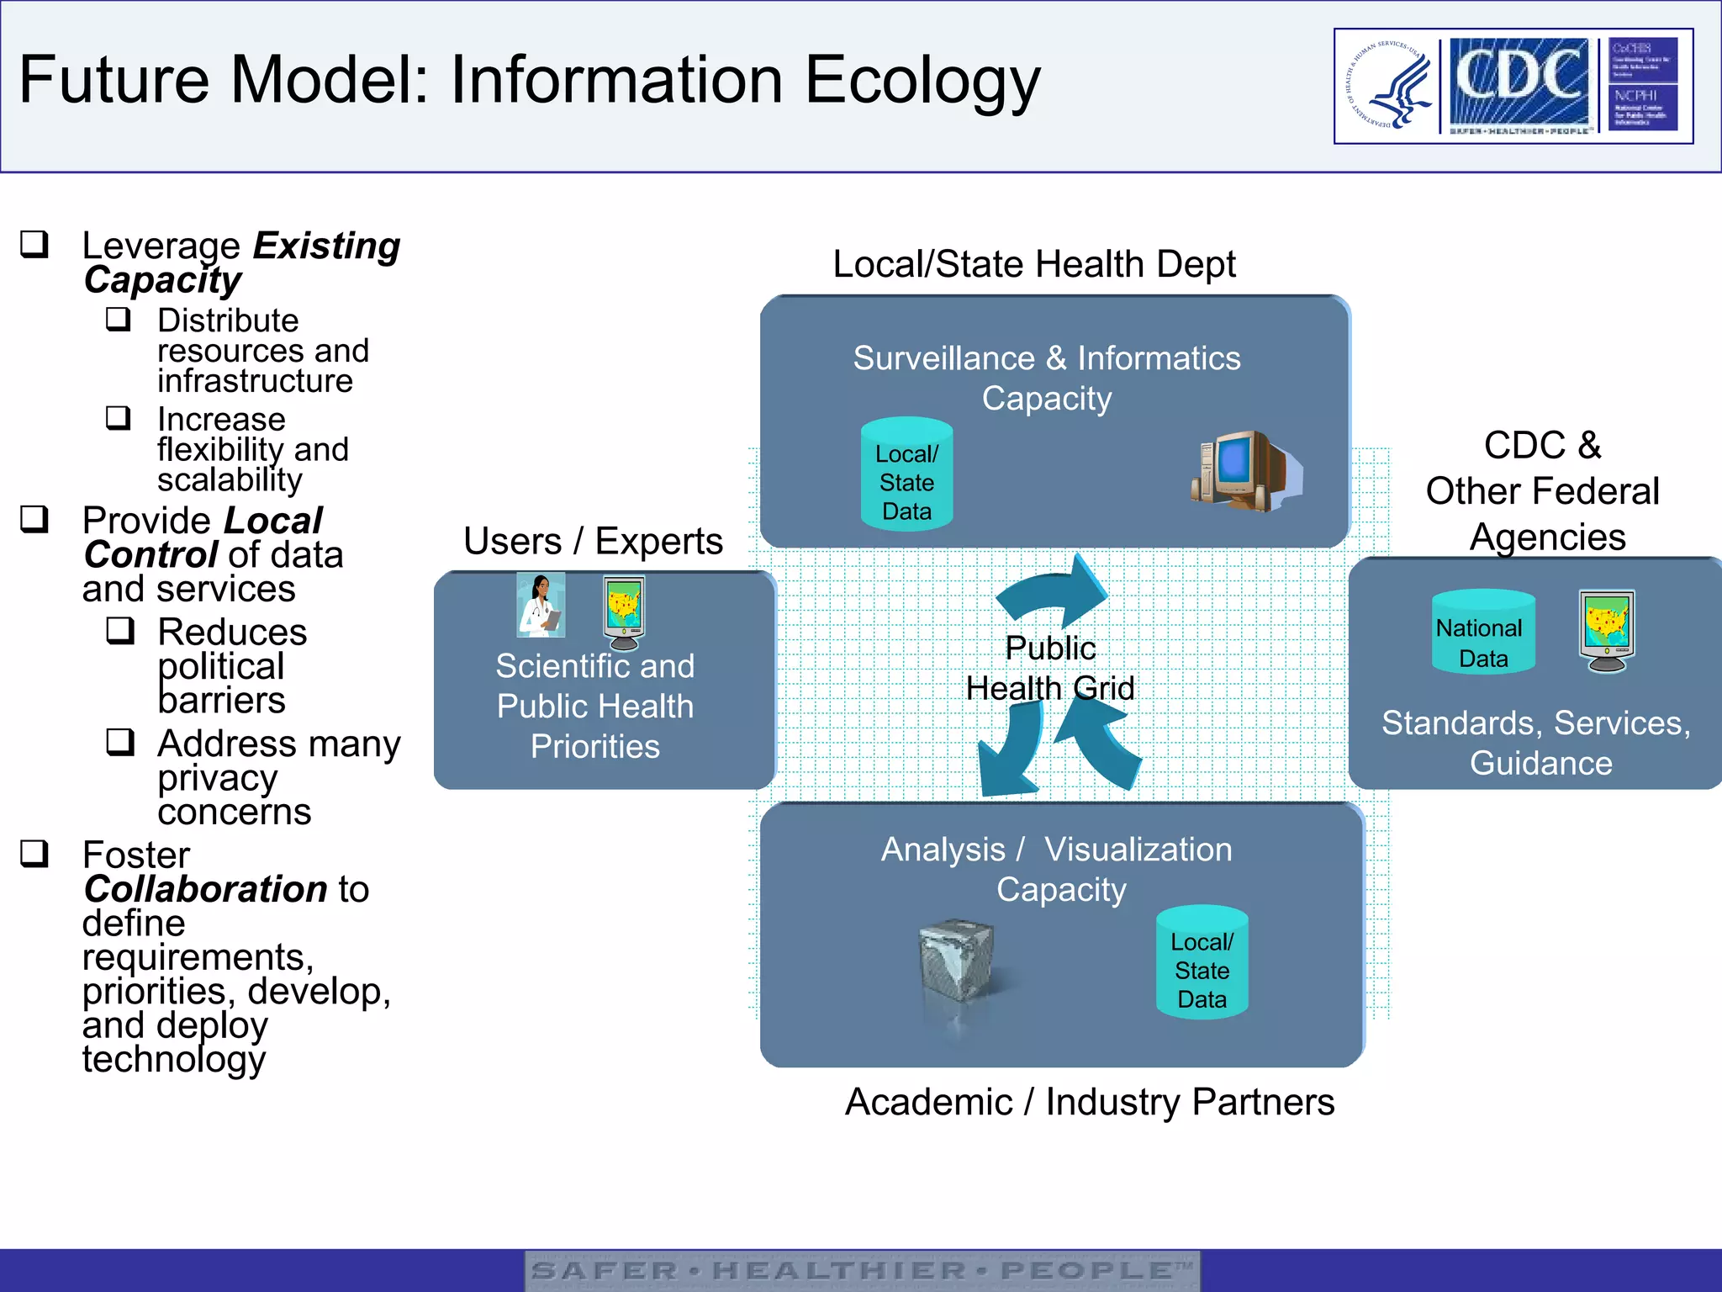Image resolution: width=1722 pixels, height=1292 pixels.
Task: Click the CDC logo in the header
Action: (1519, 82)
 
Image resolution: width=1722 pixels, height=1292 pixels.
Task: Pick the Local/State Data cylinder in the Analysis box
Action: (1202, 964)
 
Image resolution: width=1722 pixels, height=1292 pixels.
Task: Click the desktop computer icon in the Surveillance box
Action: (1245, 470)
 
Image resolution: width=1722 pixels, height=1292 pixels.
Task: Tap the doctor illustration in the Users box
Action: (540, 606)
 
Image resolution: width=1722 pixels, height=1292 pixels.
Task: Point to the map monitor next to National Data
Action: (1607, 630)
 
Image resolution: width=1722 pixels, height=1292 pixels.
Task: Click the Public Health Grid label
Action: (1050, 669)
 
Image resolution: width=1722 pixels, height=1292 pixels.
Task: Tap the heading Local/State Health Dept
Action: (1033, 264)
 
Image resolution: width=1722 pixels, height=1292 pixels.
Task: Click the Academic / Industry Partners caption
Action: (1089, 1102)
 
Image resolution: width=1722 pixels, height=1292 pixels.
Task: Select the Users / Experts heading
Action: (593, 541)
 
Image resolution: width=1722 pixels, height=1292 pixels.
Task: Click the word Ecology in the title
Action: (922, 81)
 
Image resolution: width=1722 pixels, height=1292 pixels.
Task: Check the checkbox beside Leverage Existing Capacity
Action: (34, 244)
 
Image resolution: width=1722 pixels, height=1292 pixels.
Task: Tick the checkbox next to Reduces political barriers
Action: (120, 630)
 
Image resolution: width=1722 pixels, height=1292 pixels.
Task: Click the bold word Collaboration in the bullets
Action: (206, 889)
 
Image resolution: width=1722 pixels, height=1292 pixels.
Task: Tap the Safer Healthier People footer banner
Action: (862, 1270)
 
